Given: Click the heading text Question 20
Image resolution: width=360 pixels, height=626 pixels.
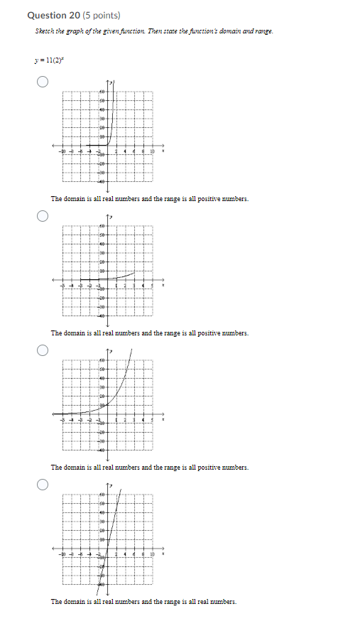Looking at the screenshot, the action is [53, 15].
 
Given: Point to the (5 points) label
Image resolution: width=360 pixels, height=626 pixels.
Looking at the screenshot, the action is [102, 15].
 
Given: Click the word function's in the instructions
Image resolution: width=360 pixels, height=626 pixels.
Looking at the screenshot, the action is [207, 31].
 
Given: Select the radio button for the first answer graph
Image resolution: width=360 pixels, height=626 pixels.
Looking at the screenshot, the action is [43, 82].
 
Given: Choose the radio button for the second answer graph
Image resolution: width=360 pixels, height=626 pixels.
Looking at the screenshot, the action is [43, 216].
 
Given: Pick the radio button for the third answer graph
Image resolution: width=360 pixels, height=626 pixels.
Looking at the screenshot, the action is [43, 350].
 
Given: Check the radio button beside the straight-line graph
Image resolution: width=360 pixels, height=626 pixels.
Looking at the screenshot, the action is [43, 485].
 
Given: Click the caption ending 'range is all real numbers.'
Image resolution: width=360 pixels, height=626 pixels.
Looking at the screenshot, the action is [143, 602].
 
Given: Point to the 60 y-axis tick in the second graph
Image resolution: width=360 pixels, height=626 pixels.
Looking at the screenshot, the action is [102, 227].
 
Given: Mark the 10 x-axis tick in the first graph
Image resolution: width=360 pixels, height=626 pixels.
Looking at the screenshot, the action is [151, 151].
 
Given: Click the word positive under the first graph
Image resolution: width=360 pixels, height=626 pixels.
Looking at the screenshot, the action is [199, 199].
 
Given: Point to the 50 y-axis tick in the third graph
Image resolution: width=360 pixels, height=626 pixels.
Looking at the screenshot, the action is [102, 370].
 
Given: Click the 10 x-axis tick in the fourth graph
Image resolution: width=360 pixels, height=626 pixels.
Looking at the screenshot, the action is [151, 554].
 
